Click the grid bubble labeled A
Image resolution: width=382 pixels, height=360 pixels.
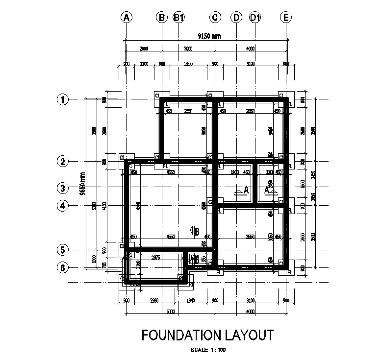pyautogui.click(x=127, y=18)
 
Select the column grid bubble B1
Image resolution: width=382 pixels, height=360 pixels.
pyautogui.click(x=179, y=18)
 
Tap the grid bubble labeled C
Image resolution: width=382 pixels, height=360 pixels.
pyautogui.click(x=215, y=18)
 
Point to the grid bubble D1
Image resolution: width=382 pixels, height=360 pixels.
pyautogui.click(x=255, y=18)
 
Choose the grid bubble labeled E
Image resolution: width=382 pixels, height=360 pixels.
pyautogui.click(x=286, y=18)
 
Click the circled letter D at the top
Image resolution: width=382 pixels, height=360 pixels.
pyautogui.click(x=236, y=18)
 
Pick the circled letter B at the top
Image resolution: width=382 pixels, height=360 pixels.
pyautogui.click(x=162, y=18)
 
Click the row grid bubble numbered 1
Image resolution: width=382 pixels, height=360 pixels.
pyautogui.click(x=62, y=99)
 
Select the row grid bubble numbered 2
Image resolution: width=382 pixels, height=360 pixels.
pyautogui.click(x=62, y=161)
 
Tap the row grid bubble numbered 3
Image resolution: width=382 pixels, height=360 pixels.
pyautogui.click(x=62, y=188)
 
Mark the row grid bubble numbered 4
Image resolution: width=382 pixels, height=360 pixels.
pyautogui.click(x=62, y=206)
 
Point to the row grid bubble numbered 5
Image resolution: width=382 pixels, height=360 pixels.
pyautogui.click(x=62, y=250)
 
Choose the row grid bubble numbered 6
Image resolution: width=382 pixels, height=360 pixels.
pyautogui.click(x=62, y=268)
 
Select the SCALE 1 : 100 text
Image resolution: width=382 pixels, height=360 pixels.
pyautogui.click(x=207, y=350)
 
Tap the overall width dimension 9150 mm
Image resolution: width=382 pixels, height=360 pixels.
pyautogui.click(x=206, y=36)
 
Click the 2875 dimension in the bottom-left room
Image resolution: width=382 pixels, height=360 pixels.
pyautogui.click(x=155, y=257)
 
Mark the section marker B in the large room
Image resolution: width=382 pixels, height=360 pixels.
pyautogui.click(x=195, y=231)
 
